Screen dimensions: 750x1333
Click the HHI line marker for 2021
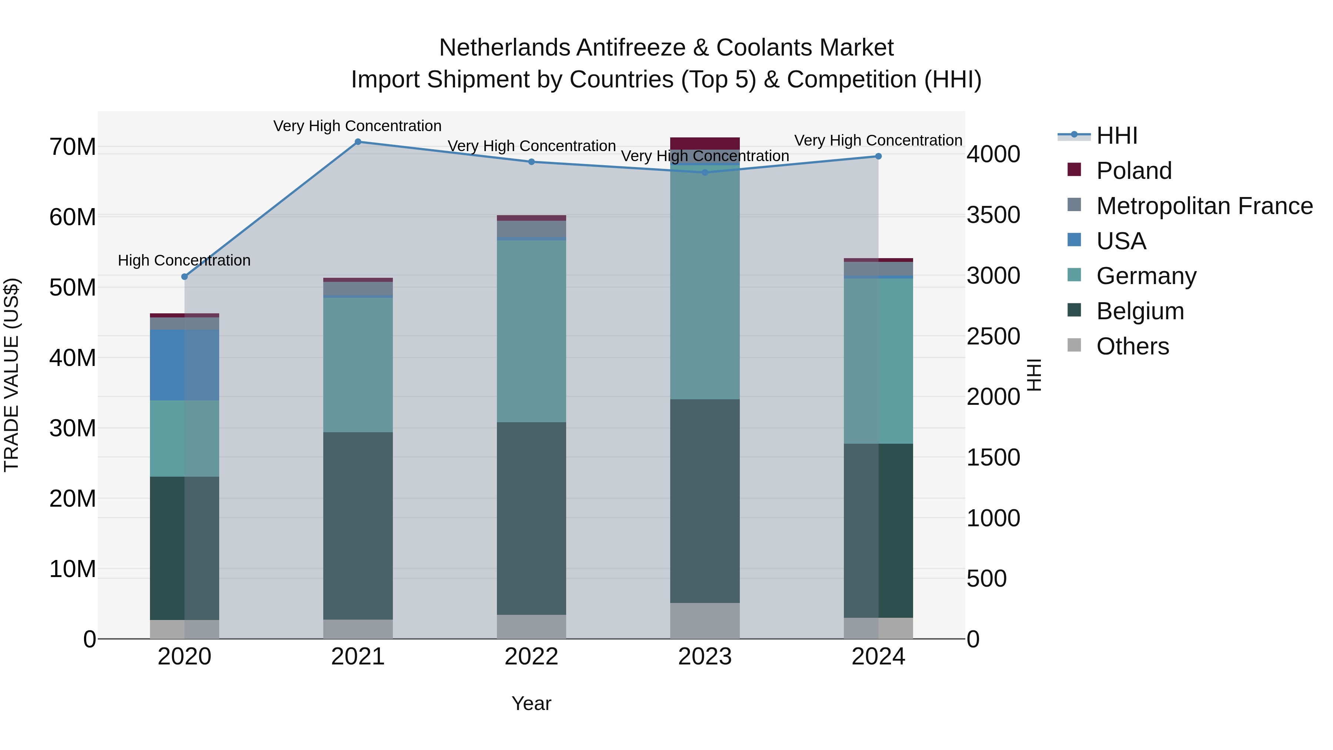[358, 142]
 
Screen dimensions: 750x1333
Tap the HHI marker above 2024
[878, 156]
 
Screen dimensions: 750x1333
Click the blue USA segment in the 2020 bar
[184, 365]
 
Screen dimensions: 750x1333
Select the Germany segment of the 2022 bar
[531, 331]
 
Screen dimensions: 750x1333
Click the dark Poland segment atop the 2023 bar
[705, 143]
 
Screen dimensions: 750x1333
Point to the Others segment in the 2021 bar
[358, 629]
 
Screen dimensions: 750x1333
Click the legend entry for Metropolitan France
[1204, 206]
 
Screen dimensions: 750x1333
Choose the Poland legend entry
[1133, 171]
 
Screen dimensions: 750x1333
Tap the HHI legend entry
[1116, 136]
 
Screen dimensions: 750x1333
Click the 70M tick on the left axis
[73, 147]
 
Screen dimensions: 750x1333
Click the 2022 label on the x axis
[531, 657]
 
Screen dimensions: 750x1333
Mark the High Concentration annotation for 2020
[184, 260]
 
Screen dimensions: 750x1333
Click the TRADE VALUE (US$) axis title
[11, 375]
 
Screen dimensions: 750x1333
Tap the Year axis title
[531, 703]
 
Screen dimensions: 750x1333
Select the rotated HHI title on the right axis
[1033, 375]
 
